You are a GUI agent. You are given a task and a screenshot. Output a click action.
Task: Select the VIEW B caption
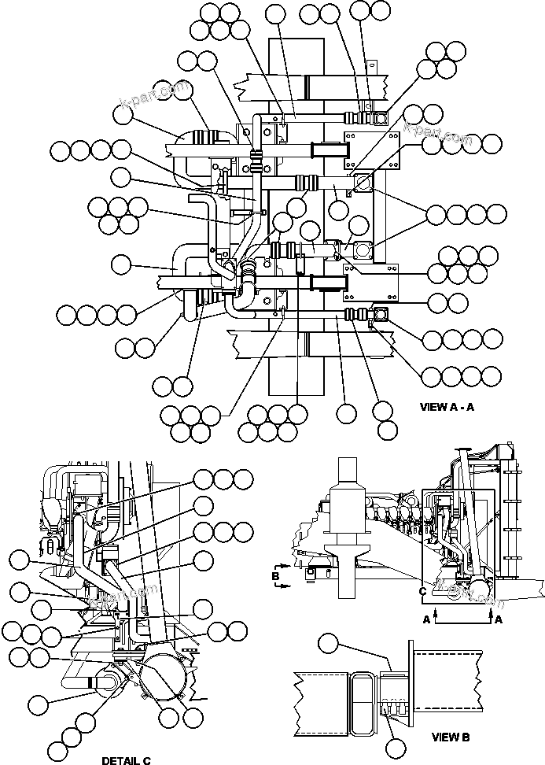click(x=451, y=737)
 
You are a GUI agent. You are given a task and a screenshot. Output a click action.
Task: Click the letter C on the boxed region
click(x=423, y=591)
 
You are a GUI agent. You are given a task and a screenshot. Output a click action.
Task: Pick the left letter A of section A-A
click(x=427, y=619)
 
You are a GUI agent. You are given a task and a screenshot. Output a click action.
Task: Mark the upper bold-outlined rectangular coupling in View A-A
click(x=330, y=149)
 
